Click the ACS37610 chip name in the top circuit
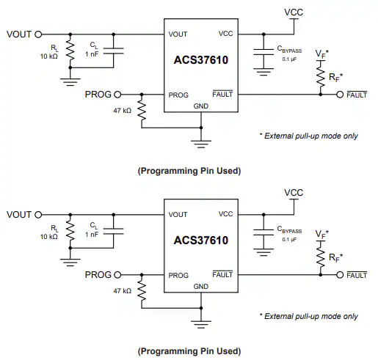point(201,60)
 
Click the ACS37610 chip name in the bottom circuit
point(201,240)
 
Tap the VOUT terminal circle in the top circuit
point(38,34)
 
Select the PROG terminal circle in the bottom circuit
point(117,275)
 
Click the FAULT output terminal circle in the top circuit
point(340,95)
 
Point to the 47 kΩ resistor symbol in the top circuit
point(142,111)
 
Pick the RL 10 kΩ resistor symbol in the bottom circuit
point(70,232)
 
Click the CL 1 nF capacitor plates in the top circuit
point(114,51)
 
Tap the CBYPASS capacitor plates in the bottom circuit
point(263,232)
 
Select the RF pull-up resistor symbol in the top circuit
point(321,77)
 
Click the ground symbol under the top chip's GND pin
point(201,144)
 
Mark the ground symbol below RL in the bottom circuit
point(70,262)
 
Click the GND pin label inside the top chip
point(201,106)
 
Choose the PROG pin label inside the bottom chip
point(178,276)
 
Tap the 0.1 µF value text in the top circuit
point(289,59)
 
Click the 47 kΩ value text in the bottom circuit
point(123,291)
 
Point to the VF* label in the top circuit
point(321,54)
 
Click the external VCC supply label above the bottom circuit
point(294,193)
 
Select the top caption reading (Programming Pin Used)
point(189,171)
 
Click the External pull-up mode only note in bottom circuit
point(309,316)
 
